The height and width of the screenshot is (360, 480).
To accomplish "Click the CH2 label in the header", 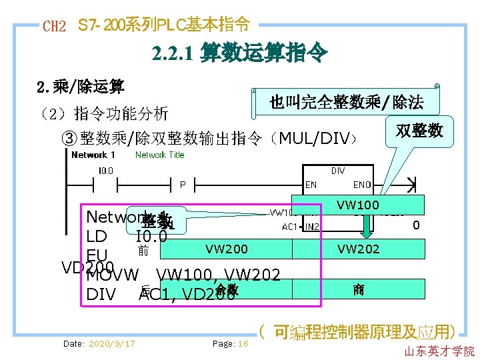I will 54,27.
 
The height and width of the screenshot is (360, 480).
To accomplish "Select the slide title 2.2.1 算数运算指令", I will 239,53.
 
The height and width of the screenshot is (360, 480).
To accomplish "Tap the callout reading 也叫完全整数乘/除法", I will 346,102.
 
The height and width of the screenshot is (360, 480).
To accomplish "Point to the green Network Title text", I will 159,155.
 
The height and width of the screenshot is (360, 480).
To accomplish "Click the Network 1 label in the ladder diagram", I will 93,155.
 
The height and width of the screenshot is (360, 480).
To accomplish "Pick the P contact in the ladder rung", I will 182,184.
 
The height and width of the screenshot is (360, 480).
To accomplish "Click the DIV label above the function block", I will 338,171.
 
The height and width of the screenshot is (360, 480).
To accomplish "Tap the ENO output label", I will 362,185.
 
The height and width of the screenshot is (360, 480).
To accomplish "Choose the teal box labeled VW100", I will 357,205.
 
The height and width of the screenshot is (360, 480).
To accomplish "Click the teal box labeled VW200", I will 227,249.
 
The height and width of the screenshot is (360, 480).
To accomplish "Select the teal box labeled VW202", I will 358,249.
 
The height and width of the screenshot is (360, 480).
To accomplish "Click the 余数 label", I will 227,289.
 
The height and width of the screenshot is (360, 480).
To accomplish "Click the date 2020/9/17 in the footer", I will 99,343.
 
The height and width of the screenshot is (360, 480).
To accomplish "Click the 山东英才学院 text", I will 439,351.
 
